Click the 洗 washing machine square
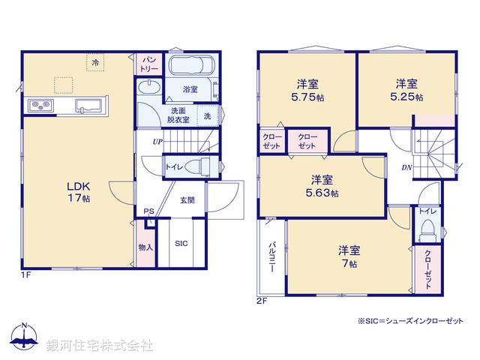[207, 115]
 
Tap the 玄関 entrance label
[187, 199]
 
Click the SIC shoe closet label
[181, 244]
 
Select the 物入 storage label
[146, 246]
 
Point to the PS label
[148, 212]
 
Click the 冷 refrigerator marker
[95, 63]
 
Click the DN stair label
[406, 167]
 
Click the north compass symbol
[25, 337]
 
